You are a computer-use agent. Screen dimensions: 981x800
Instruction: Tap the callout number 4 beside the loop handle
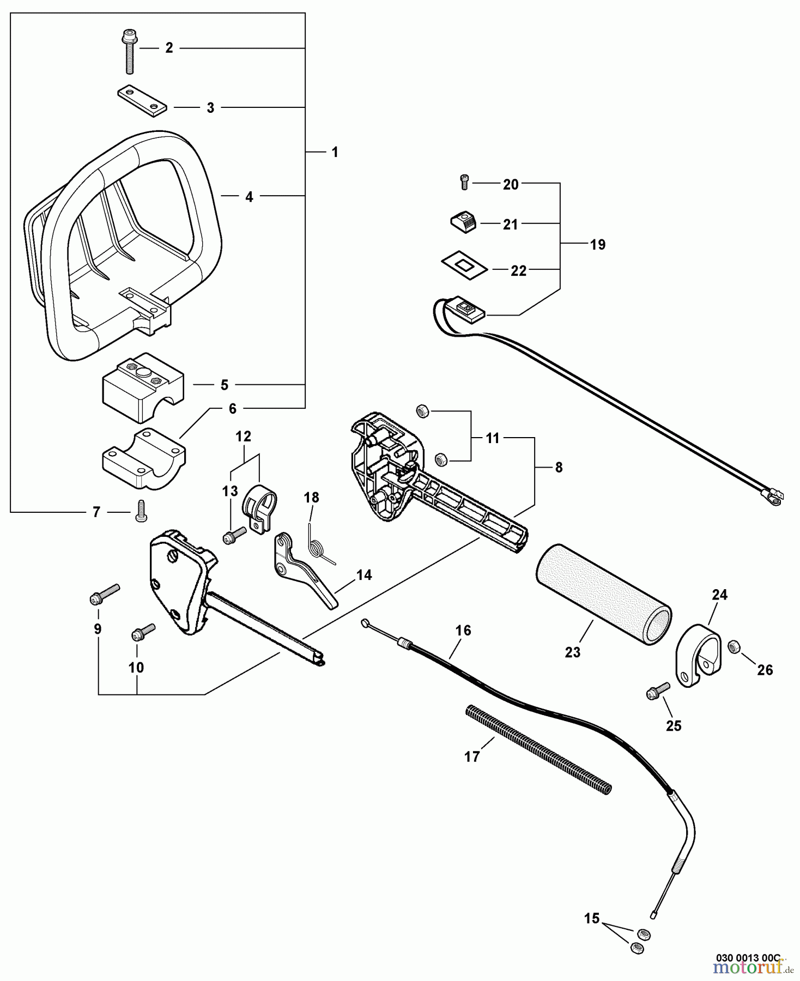[x=249, y=197]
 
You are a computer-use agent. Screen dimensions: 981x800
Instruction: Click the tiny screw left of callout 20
[x=464, y=183]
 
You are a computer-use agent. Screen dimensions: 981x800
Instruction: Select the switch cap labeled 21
[x=463, y=222]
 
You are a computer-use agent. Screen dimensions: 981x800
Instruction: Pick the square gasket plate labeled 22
[x=463, y=265]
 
